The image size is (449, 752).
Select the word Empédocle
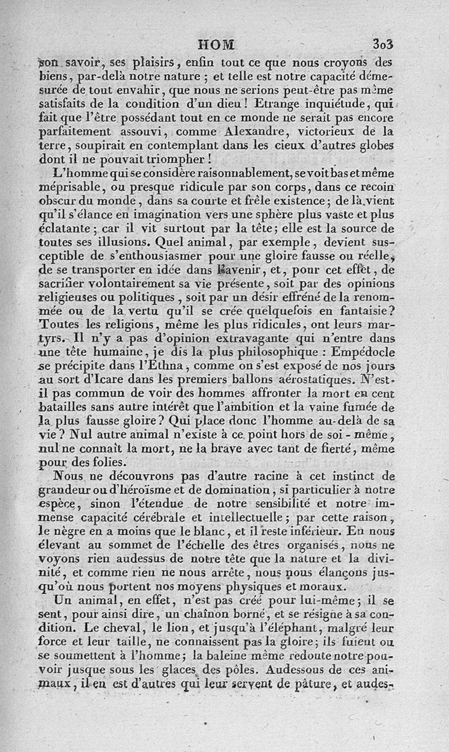pyautogui.click(x=363, y=353)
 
